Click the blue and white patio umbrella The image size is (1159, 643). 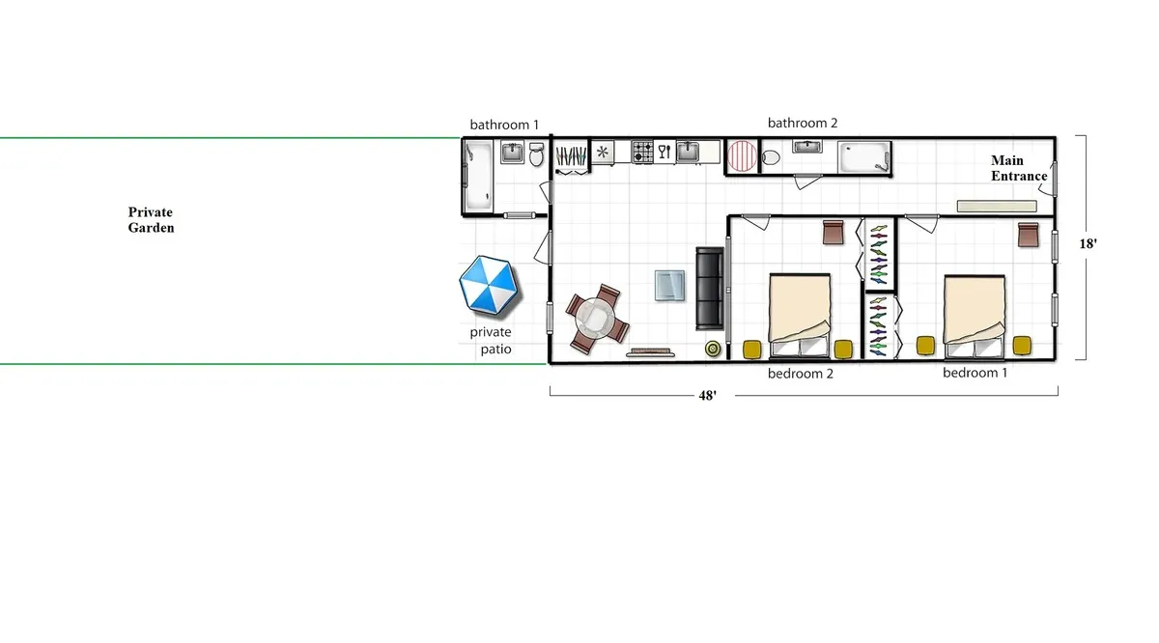tap(489, 286)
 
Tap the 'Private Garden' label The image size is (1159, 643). tap(151, 220)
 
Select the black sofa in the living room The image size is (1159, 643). tap(710, 288)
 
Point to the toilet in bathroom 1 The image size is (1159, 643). tap(537, 154)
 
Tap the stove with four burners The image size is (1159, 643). tap(643, 152)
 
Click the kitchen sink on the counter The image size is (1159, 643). tap(688, 151)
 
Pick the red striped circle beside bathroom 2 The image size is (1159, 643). tap(743, 155)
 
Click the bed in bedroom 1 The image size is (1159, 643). tap(975, 309)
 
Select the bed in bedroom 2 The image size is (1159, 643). tap(800, 309)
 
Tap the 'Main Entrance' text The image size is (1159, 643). tap(1019, 168)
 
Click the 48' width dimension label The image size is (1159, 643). tap(707, 396)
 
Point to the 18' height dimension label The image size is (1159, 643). tap(1088, 244)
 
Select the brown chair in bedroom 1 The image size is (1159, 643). tap(1028, 233)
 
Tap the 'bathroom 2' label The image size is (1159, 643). tap(803, 123)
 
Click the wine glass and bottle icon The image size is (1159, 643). tap(664, 151)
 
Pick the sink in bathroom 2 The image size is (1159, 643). tap(807, 147)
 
